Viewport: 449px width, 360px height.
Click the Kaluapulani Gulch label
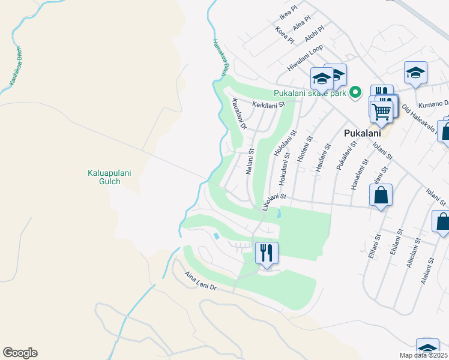pyautogui.click(x=109, y=178)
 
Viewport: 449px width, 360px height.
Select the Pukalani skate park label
pyautogui.click(x=310, y=93)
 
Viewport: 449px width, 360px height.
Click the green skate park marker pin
pyautogui.click(x=355, y=92)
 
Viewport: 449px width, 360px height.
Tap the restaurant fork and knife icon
pyautogui.click(x=267, y=252)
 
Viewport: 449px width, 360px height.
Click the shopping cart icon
pyautogui.click(x=381, y=110)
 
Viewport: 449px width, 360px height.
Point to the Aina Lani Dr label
pyautogui.click(x=200, y=281)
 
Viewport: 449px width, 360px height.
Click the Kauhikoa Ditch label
pyautogui.click(x=14, y=67)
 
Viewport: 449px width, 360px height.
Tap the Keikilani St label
pyautogui.click(x=268, y=104)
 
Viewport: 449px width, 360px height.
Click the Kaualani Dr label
pyautogui.click(x=239, y=114)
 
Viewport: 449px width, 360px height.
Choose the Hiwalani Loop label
pyautogui.click(x=305, y=58)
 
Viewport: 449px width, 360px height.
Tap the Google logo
pyautogui.click(x=20, y=353)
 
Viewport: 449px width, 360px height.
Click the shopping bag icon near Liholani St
pyautogui.click(x=381, y=196)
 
